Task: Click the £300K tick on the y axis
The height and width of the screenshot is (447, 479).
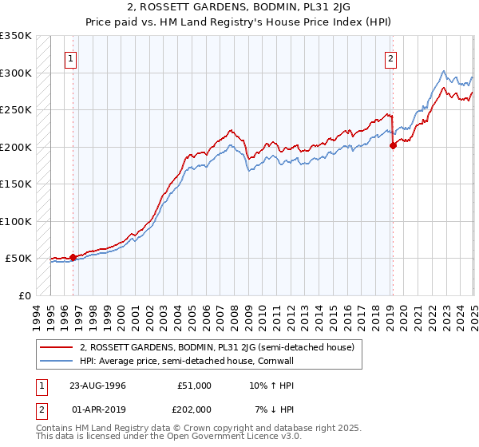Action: pyautogui.click(x=16, y=73)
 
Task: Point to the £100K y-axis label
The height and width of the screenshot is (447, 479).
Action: pyautogui.click(x=16, y=221)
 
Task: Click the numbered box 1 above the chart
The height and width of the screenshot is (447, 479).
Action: pyautogui.click(x=72, y=57)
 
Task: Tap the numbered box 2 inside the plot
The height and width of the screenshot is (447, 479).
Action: pyautogui.click(x=391, y=57)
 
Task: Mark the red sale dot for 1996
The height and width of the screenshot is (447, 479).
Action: pyautogui.click(x=73, y=257)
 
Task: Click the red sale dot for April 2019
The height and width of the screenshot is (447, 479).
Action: pyautogui.click(x=393, y=145)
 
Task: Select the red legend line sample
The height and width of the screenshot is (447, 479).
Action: pyautogui.click(x=57, y=346)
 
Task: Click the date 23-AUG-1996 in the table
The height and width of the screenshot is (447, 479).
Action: pyautogui.click(x=97, y=385)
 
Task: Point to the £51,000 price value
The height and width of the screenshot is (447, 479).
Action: pyautogui.click(x=193, y=385)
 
